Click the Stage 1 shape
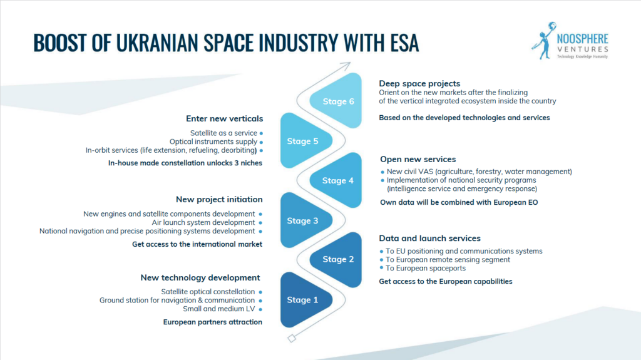coord(305,300)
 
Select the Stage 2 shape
coord(337,259)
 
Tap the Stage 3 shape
coord(305,220)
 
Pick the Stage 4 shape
coord(337,180)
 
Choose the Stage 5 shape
coord(305,141)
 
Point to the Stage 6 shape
coord(337,101)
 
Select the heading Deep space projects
coord(419,83)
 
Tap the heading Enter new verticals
coord(225,118)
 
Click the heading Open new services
coord(418,159)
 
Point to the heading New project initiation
coord(219,199)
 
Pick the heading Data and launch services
coord(429,238)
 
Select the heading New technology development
coord(200,278)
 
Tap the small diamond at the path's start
coord(292,338)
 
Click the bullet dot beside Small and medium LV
coord(260,309)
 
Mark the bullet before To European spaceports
coord(381,268)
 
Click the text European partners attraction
coord(213,322)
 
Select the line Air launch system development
coord(203,222)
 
